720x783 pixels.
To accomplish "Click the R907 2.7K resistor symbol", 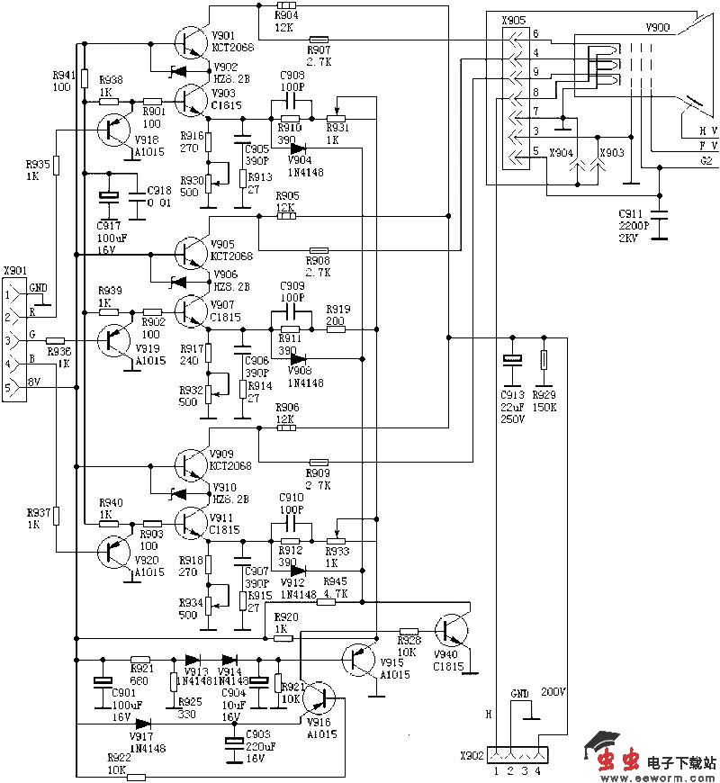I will click(x=319, y=39).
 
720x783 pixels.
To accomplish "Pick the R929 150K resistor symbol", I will click(x=544, y=360).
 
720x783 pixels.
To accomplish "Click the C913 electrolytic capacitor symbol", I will click(x=512, y=359).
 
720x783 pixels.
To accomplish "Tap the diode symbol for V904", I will click(x=298, y=149).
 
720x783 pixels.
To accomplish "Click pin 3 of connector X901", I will click(x=11, y=340).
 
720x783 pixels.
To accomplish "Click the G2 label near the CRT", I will click(x=706, y=160).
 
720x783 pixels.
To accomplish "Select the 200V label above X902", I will click(x=553, y=692).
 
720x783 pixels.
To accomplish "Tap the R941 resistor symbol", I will click(x=84, y=78).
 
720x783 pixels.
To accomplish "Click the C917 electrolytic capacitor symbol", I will click(x=109, y=198).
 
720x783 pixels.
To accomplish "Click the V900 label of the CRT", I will click(x=658, y=28).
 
